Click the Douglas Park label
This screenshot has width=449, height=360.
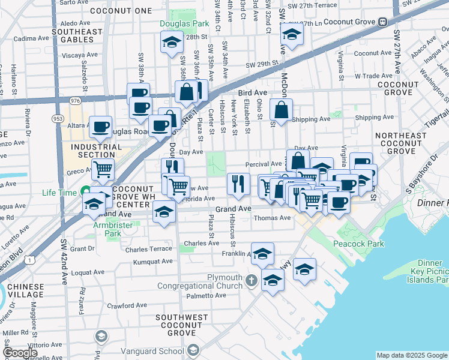(x=184, y=25)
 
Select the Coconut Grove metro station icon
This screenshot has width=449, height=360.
(x=382, y=22)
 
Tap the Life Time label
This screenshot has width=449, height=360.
(x=59, y=193)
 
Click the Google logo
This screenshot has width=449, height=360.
(x=20, y=353)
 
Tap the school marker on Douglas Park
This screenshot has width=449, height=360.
(x=172, y=43)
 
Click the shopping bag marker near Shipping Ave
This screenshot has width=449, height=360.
(x=281, y=110)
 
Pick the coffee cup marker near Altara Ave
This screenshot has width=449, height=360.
(x=100, y=127)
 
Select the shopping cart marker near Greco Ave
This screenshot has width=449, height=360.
(x=103, y=170)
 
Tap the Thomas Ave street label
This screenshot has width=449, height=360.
(x=273, y=218)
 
